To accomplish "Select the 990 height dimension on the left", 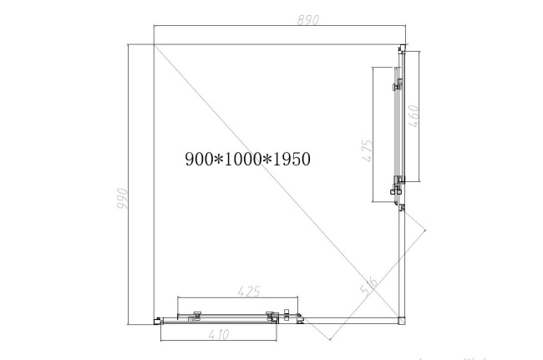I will point(122,198).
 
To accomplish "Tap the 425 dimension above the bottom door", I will point(248,292).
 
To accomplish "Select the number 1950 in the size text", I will point(292,158).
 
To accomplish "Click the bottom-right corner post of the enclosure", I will point(401,317).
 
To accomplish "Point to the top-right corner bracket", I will point(402,48).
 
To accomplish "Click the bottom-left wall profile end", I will point(156,318).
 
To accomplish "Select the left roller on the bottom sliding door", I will point(195,315).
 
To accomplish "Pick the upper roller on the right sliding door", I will point(397,84).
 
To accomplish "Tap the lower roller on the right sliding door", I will point(397,189).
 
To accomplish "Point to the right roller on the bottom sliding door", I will point(271,315).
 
